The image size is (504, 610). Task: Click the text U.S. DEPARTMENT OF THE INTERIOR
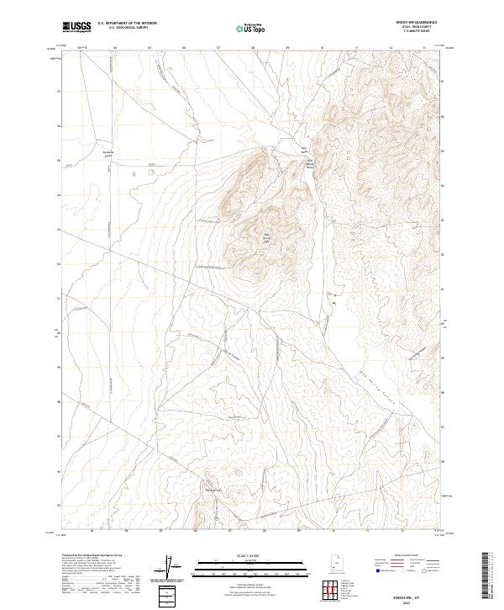(x=127, y=23)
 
